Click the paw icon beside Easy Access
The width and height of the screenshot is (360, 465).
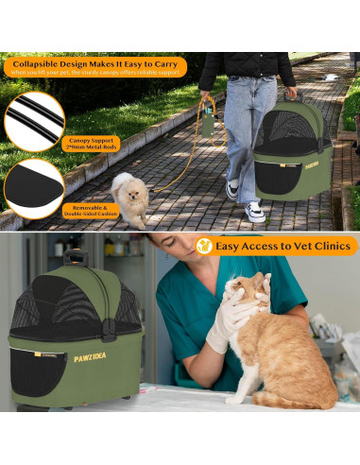pos(204,246)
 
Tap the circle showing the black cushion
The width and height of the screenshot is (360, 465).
pos(32,184)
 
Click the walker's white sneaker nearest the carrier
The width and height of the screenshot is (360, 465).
pos(254,211)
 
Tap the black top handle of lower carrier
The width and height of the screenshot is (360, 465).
pos(77,256)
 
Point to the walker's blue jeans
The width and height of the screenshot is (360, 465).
pos(249,123)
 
